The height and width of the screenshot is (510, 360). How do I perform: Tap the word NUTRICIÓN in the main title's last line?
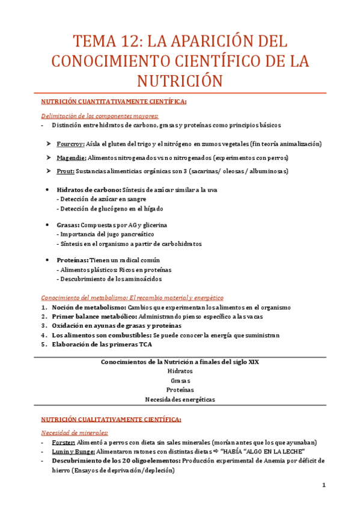tap(180, 80)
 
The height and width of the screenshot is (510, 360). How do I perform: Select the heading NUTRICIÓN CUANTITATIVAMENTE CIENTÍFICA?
tap(105, 102)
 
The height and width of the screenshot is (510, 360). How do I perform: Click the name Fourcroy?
tap(70, 144)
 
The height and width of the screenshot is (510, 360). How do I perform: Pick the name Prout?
tap(65, 171)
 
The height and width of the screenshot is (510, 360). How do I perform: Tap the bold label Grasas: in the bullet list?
tap(68, 225)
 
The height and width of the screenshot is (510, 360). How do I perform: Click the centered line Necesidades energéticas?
tap(180, 399)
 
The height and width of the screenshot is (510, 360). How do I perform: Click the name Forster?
tap(64, 443)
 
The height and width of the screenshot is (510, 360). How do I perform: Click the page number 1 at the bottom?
tap(323, 485)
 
